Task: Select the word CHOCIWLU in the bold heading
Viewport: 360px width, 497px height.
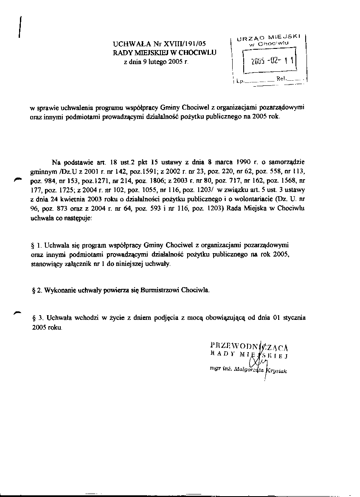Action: pyautogui.click(x=199, y=53)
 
